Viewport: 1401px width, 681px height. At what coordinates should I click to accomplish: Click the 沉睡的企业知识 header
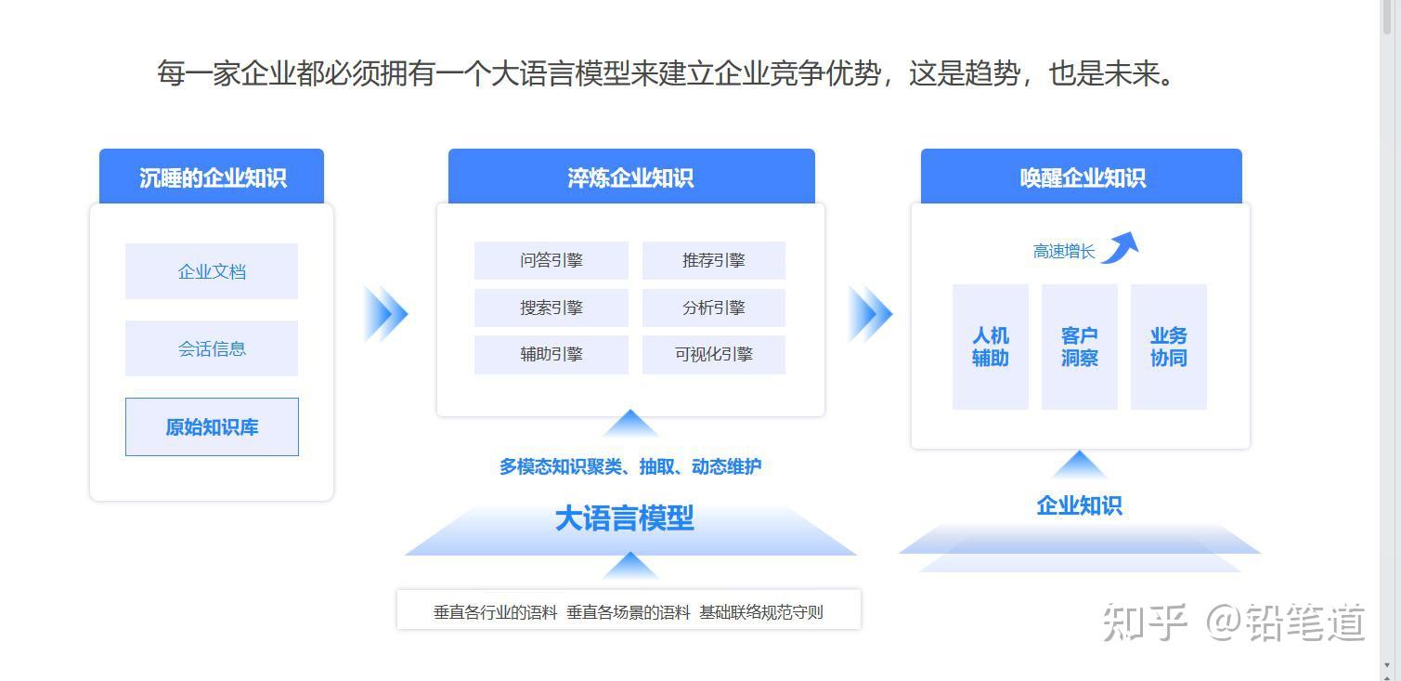click(212, 177)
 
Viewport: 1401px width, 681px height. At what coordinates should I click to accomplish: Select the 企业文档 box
click(212, 271)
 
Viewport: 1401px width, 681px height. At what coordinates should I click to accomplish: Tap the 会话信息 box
click(212, 348)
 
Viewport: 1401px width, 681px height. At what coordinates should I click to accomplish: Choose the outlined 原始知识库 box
click(212, 426)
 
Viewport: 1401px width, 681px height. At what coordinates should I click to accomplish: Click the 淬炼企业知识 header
click(631, 177)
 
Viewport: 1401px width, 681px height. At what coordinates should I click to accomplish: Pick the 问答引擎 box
click(551, 260)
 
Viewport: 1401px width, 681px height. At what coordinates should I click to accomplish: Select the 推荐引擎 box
click(714, 260)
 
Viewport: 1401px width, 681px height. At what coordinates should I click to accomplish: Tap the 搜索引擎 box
click(551, 308)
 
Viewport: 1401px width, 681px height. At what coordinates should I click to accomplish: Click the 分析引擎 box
click(714, 308)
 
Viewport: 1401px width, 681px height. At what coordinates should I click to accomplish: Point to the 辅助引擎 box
click(551, 355)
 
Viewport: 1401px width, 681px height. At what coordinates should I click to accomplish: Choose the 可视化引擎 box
click(714, 355)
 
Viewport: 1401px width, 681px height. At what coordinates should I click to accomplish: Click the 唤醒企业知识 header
click(1082, 177)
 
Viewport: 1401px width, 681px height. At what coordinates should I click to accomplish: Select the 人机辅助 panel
click(991, 347)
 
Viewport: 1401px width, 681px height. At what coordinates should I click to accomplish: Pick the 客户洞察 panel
click(1080, 347)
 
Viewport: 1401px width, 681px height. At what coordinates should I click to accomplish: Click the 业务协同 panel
click(1169, 347)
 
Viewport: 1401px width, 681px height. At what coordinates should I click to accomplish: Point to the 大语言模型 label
click(624, 519)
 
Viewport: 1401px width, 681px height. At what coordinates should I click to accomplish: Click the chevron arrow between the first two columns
click(386, 314)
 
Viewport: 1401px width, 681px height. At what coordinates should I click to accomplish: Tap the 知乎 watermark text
click(1145, 622)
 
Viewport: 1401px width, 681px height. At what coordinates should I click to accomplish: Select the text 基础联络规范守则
click(761, 612)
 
